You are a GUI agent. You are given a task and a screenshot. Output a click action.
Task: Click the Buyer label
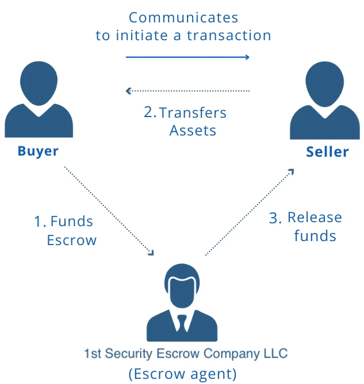38,151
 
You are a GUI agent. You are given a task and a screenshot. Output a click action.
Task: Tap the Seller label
327,152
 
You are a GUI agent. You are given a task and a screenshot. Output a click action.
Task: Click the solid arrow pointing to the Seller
187,57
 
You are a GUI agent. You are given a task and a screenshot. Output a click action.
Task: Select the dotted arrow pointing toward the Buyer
187,91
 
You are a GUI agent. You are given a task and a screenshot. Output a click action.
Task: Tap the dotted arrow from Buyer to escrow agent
109,211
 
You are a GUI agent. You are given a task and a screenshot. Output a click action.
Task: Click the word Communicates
183,18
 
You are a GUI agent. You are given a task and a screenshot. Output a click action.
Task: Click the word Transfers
193,113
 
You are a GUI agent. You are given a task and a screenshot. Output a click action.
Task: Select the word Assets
193,130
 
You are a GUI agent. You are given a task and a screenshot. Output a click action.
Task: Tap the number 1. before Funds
40,221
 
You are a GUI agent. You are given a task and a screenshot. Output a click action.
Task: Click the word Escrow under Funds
72,239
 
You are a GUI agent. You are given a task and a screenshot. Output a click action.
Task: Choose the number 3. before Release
275,218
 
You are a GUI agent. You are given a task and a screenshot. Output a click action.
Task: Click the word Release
315,218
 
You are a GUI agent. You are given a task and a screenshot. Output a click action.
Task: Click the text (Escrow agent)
182,374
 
